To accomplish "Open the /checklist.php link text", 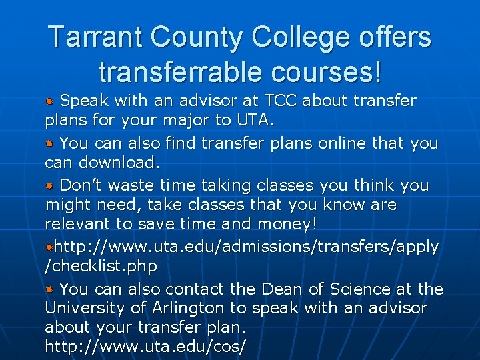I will [101, 267].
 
